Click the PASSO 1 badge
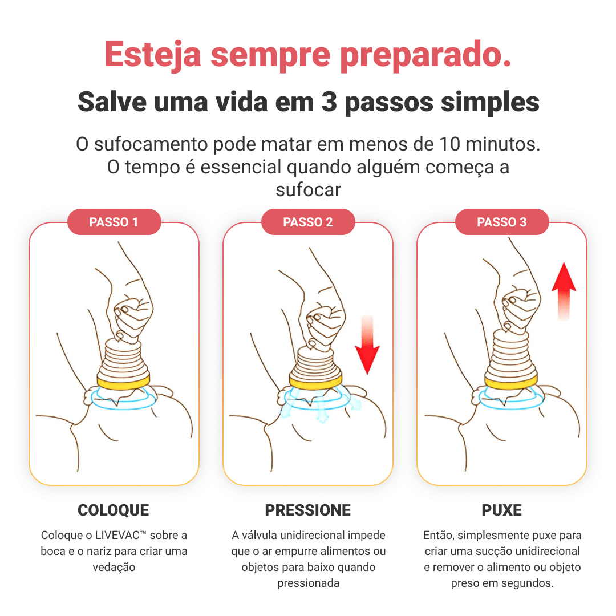(114, 222)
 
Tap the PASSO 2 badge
(308, 222)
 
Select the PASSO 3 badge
(502, 222)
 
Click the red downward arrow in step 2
(367, 345)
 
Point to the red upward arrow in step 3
(564, 291)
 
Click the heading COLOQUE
(114, 510)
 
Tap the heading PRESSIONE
(307, 510)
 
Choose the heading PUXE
(502, 510)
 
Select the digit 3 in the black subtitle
(329, 102)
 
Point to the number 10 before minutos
(449, 144)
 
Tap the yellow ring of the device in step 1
(123, 382)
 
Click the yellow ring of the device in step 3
(510, 381)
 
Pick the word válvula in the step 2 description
(260, 535)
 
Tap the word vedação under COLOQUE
(114, 568)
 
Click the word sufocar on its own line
(308, 190)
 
